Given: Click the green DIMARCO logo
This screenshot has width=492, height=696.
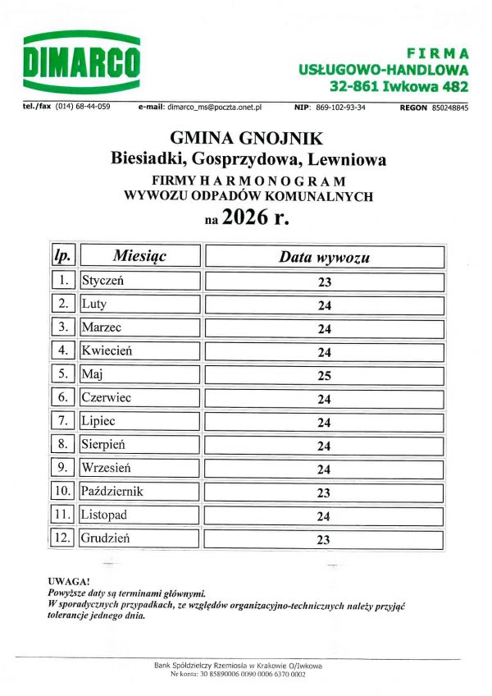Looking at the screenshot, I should (82, 62).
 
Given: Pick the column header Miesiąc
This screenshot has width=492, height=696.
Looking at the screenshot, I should (139, 256).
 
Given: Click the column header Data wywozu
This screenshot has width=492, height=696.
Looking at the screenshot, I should (324, 257).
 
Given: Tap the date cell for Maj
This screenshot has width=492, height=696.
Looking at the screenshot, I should (324, 376).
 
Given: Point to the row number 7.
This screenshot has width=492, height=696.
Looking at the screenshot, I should (64, 421).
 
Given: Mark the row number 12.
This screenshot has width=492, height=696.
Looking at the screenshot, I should (63, 538).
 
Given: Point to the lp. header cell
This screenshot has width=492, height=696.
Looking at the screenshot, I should (63, 256).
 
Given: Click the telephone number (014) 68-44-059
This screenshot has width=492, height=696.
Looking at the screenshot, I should (83, 108).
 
